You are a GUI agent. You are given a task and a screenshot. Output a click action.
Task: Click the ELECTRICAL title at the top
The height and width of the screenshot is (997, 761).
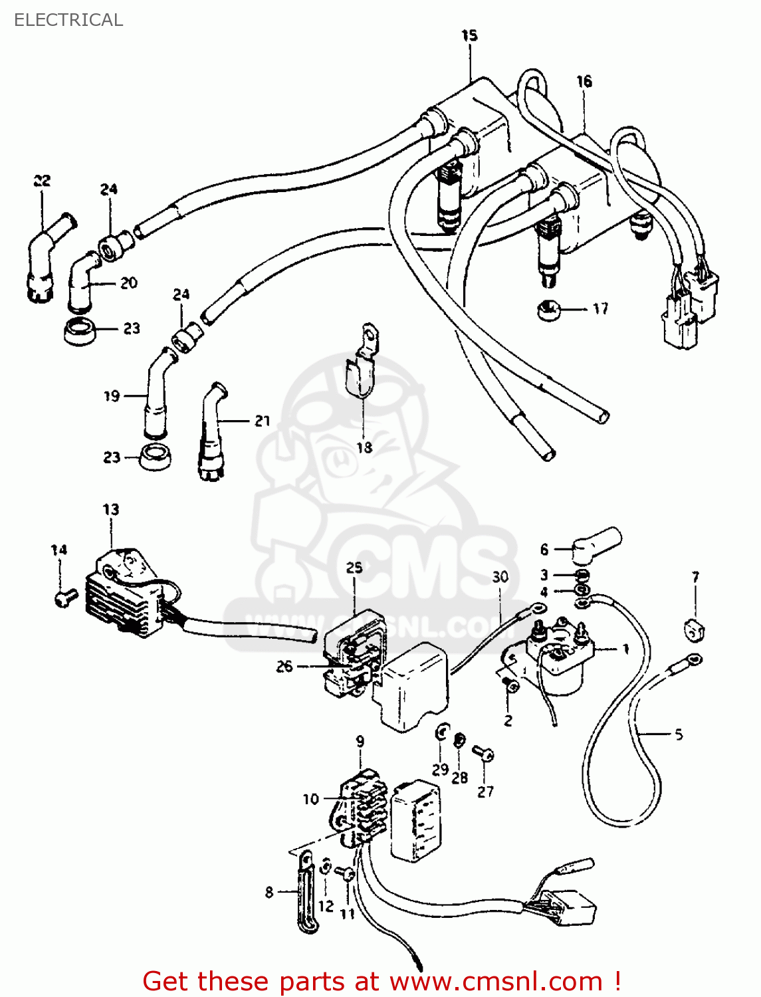[68, 20]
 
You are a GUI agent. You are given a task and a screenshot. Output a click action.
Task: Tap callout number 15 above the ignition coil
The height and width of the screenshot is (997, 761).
[469, 35]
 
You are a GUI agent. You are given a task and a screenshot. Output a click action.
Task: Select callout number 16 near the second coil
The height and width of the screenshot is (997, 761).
[584, 81]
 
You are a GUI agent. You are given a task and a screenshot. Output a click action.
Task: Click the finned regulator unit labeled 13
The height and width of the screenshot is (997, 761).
[126, 595]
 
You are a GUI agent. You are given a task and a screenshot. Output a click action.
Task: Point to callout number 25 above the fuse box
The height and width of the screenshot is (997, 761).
[354, 567]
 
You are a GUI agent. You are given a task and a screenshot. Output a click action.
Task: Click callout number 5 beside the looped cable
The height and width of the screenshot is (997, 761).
[679, 734]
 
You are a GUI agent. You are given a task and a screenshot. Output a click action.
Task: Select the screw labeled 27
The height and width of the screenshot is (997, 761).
[483, 754]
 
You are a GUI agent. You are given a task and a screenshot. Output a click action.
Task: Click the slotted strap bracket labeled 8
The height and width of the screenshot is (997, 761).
[305, 891]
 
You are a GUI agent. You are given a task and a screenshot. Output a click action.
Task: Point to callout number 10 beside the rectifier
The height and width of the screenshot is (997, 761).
[311, 799]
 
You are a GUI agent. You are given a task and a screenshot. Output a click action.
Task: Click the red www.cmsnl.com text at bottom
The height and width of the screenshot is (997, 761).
[495, 981]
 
